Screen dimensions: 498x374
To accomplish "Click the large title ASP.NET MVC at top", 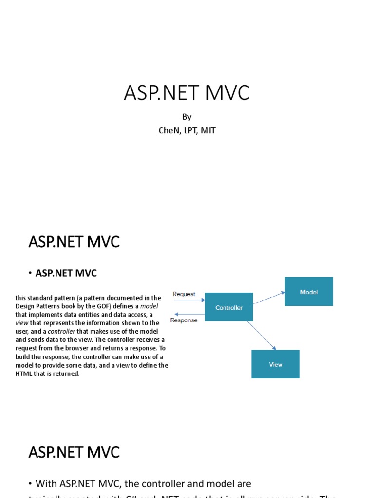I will coord(187,93).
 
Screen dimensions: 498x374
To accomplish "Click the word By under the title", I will coord(187,117).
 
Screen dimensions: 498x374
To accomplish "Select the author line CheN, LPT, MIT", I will coord(187,130).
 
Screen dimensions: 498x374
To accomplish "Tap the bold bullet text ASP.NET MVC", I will coord(66,273).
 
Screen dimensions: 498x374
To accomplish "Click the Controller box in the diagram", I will coord(228,307).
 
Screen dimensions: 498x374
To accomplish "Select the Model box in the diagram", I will coord(309,292).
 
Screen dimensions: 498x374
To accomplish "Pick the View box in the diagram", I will coord(276,364).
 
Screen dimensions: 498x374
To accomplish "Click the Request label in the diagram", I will coord(184,294).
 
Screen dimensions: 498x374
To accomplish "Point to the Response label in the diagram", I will coord(184,320).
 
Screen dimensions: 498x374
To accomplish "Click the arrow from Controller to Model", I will coord(268,298).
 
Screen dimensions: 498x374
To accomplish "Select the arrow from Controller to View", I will coord(262,335).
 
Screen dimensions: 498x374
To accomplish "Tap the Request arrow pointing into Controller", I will coord(189,300).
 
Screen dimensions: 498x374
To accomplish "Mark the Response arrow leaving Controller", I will coord(189,314).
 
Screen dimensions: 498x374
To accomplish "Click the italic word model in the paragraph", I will coord(150,306).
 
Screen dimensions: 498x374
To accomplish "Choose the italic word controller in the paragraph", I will coord(61,331).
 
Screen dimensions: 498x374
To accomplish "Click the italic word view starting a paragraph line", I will coord(21,323).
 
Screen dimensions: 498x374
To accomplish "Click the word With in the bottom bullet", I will coord(47,483).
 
